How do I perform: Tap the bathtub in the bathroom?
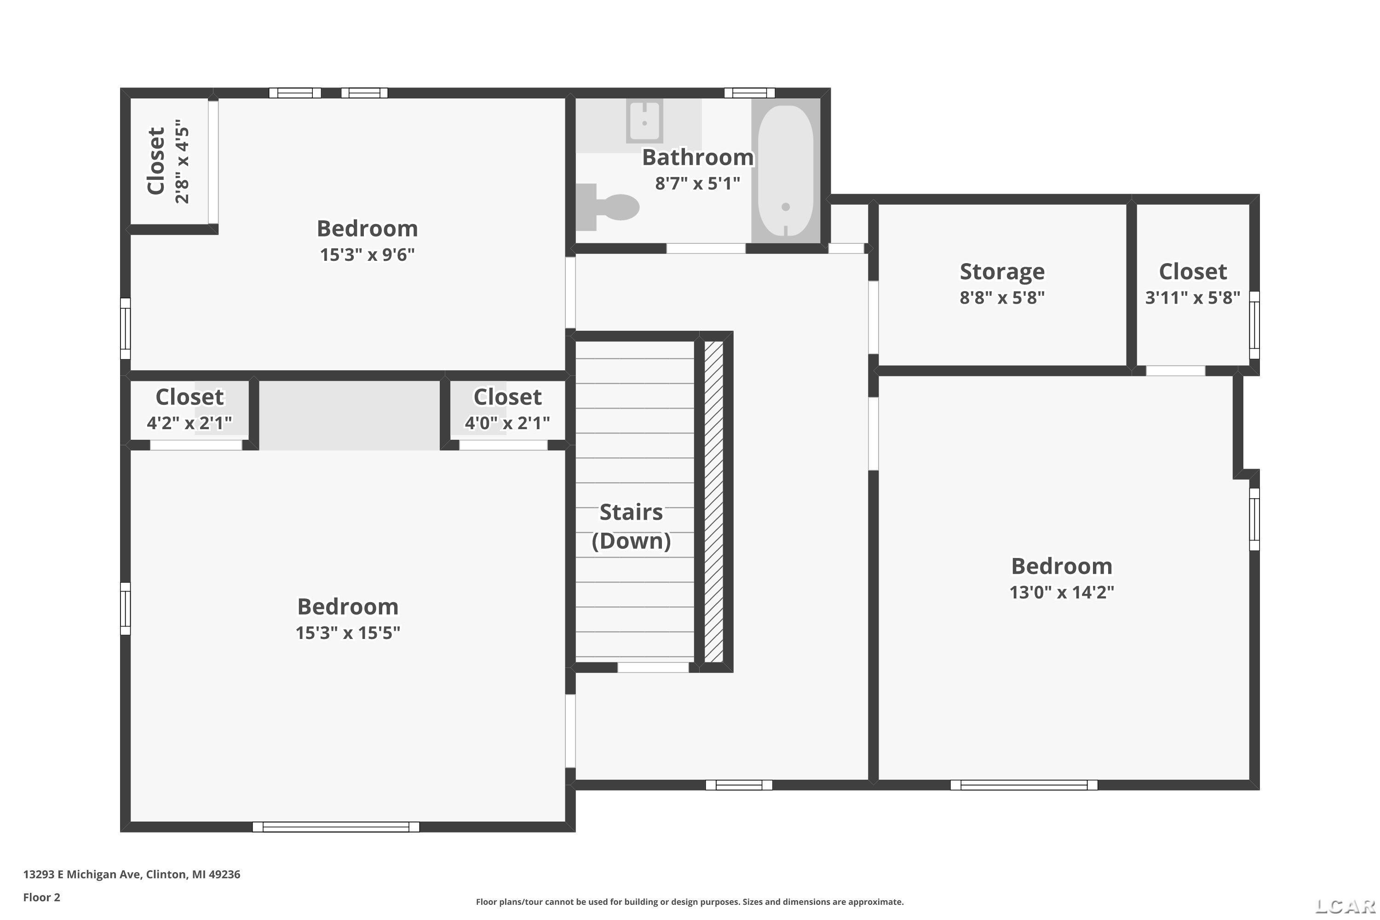pyautogui.click(x=786, y=171)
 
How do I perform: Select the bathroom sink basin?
pyautogui.click(x=644, y=121)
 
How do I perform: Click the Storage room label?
pyautogui.click(x=1002, y=272)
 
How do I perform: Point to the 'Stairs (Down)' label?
pyautogui.click(x=631, y=526)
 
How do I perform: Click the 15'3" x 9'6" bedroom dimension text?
pyautogui.click(x=367, y=255)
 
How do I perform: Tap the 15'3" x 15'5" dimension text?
pyautogui.click(x=348, y=632)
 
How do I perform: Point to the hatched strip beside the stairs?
pyautogui.click(x=713, y=502)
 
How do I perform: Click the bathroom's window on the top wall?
pyautogui.click(x=749, y=93)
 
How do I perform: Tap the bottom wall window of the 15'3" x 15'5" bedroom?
pyautogui.click(x=336, y=827)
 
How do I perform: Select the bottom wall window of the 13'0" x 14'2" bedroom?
pyautogui.click(x=1024, y=785)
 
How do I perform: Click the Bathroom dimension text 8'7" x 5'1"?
pyautogui.click(x=698, y=184)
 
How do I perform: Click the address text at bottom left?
pyautogui.click(x=132, y=874)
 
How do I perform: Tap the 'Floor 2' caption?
pyautogui.click(x=42, y=897)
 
